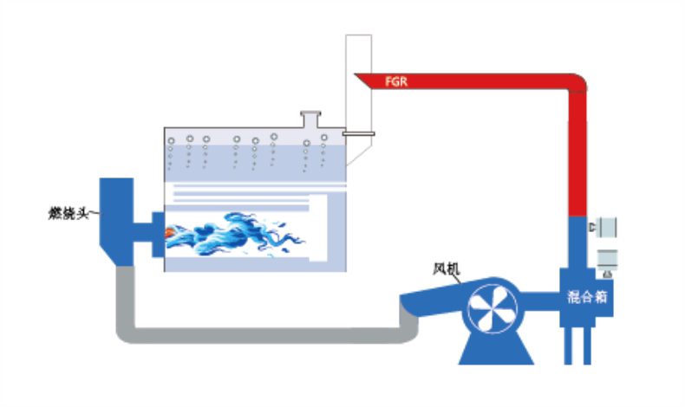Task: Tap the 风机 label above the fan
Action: [x=446, y=268]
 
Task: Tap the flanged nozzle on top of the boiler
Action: [x=309, y=119]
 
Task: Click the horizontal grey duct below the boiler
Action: [x=260, y=334]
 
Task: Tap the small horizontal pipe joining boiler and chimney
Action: [x=356, y=133]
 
